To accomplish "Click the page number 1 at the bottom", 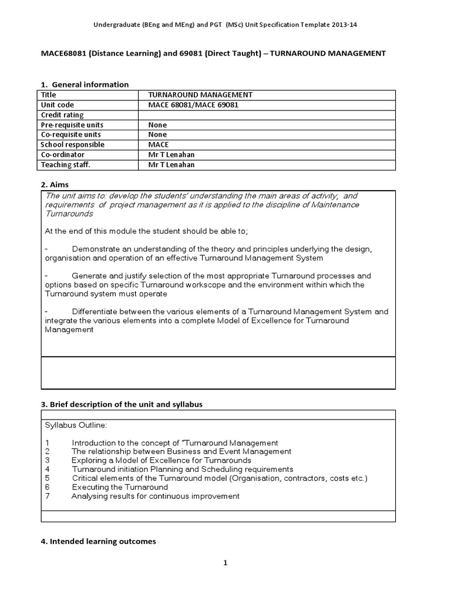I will (225, 563).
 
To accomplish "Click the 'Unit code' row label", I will (58, 105).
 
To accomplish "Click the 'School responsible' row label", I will (73, 145).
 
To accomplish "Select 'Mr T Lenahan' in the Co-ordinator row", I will (171, 155).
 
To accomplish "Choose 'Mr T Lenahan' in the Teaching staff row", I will (171, 165).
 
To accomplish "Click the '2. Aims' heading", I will (55, 184).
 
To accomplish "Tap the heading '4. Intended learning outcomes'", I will (98, 542).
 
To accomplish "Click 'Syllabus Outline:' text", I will (76, 424).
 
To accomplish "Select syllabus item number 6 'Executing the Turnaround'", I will (120, 487).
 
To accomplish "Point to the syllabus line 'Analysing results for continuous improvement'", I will (156, 496).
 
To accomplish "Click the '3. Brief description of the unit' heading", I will (122, 405).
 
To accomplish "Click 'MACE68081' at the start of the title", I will (62, 53).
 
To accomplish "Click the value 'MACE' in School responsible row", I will (159, 145).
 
